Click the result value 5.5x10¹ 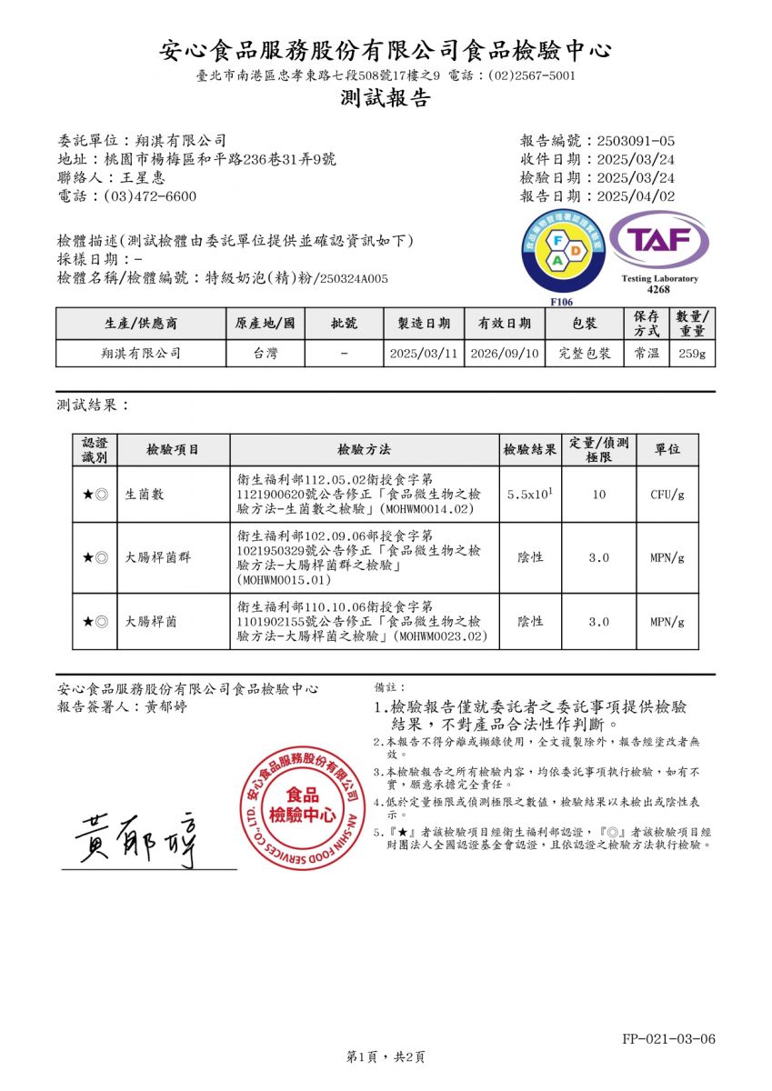coord(531,495)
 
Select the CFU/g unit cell coord(667,495)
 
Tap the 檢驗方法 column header coord(364,450)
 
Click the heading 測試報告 coord(386,99)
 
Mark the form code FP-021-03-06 coord(669,1038)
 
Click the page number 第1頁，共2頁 coord(386,1056)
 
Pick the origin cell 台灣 coord(266,354)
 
